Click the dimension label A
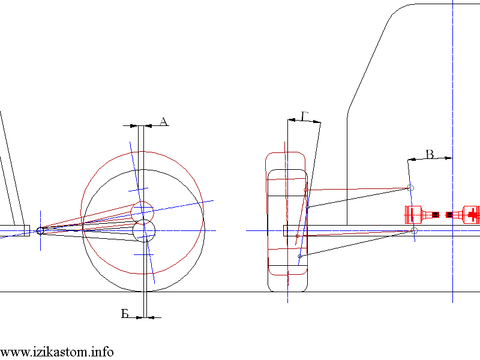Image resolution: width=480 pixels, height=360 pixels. coord(164,122)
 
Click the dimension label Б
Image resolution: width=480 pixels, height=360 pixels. coord(125,313)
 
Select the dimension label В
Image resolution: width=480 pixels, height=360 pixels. coord(430,154)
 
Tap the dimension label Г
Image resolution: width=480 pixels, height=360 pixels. coord(305,116)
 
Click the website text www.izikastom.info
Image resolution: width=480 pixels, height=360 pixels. coord(56,352)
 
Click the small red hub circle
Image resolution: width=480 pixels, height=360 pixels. coord(142,212)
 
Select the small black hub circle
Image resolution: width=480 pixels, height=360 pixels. coord(144,230)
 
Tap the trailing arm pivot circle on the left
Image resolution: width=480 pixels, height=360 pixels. coord(40,230)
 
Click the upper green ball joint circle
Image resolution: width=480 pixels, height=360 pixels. coord(411,188)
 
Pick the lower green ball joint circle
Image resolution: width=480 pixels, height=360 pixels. coord(414,230)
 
